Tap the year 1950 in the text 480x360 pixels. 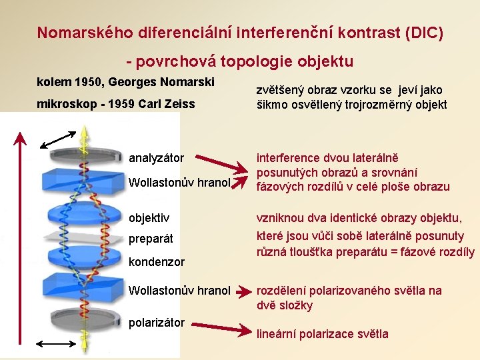[x=86, y=83]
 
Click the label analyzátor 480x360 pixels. [x=156, y=158]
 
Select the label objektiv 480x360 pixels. [x=149, y=217]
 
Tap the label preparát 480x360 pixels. [x=151, y=239]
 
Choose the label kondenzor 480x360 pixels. [x=156, y=262]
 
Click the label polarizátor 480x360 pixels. [x=156, y=323]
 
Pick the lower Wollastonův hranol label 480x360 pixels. [x=179, y=291]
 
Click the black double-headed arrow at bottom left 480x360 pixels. [x=56, y=343]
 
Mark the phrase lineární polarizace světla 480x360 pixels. [x=323, y=334]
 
